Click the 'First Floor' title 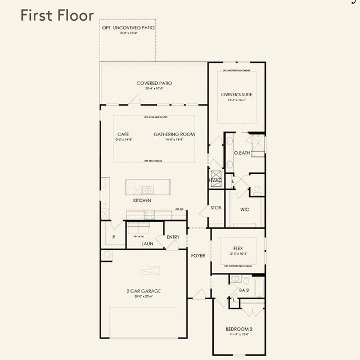coord(57,15)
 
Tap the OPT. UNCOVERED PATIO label coord(128,28)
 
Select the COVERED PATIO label coord(154,83)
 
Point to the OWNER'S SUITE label coord(236,95)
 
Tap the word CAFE coord(123,134)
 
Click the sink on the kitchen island coord(148,190)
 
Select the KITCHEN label coord(142,201)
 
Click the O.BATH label coord(242,153)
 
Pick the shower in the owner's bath coord(258,144)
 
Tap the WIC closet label coord(245,209)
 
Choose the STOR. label coord(217,208)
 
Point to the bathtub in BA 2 coord(258,287)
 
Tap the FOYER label coord(198,255)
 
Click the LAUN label coord(147,244)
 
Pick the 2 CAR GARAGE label coord(143,291)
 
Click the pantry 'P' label coord(114,237)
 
